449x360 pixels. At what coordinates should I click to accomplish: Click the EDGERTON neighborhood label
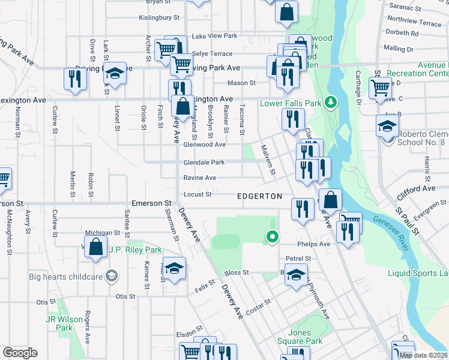pos(259,196)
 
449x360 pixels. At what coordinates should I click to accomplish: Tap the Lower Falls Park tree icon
pos(330,103)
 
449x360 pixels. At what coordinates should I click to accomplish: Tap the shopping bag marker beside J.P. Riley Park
pos(95,247)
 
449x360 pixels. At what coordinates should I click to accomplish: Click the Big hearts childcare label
pos(66,276)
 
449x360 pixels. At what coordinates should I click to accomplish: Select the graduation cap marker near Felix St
pos(174,268)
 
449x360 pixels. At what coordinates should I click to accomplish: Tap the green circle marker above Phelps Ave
pos(273,238)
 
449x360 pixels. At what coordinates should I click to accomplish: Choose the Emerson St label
pos(152,204)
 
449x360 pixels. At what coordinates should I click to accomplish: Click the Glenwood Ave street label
pos(205,145)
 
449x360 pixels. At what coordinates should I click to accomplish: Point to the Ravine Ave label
pos(200,178)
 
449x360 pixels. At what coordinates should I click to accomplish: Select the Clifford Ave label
pos(416,192)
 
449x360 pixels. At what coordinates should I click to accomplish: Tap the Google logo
pos(20,353)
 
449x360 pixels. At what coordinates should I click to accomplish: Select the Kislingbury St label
pos(159,19)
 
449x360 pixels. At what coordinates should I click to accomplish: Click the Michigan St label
pos(103,233)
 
